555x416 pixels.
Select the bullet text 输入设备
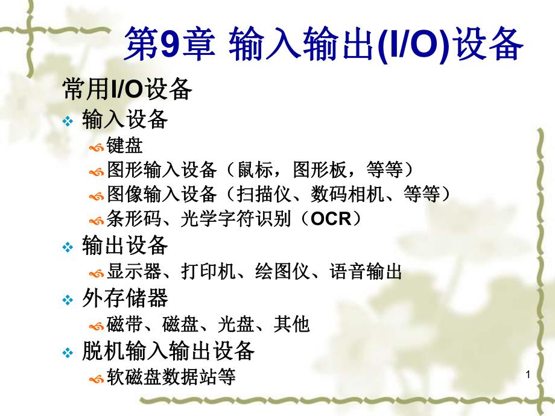click(x=124, y=119)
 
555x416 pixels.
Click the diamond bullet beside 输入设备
click(x=68, y=121)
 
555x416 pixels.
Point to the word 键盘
click(x=124, y=145)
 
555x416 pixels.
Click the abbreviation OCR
click(x=331, y=219)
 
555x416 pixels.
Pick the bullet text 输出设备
click(x=124, y=245)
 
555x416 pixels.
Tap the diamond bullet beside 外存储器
click(x=68, y=300)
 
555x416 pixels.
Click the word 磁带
click(x=124, y=325)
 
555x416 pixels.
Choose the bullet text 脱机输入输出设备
click(x=168, y=350)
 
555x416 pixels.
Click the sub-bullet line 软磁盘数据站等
click(x=171, y=377)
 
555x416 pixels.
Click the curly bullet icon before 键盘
click(x=96, y=147)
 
